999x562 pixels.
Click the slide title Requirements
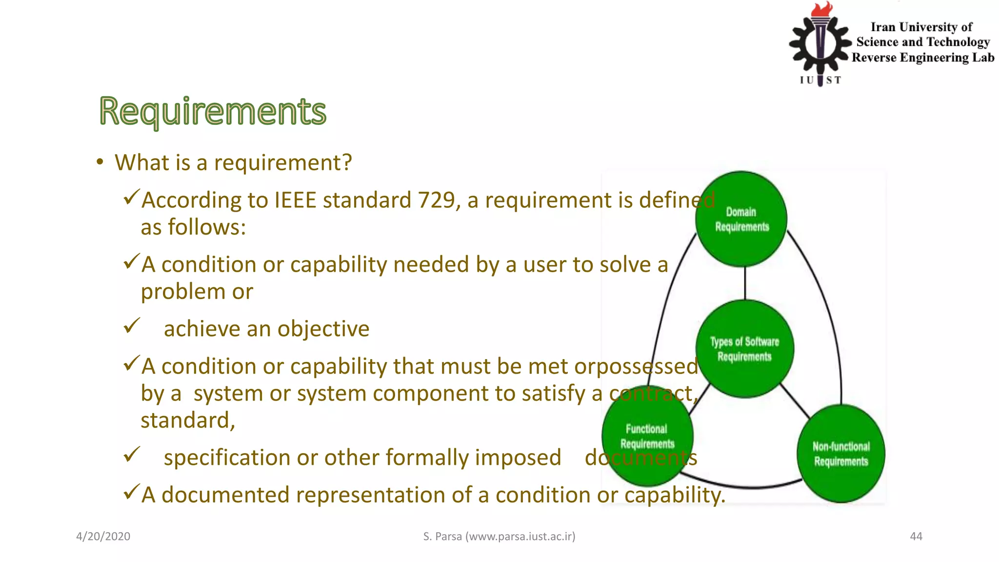pyautogui.click(x=213, y=111)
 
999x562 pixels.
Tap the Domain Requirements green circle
pyautogui.click(x=741, y=219)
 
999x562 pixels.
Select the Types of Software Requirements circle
pyautogui.click(x=744, y=349)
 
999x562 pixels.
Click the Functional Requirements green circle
pyautogui.click(x=647, y=436)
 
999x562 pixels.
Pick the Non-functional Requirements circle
pyautogui.click(x=841, y=454)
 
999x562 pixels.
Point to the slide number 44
pyautogui.click(x=916, y=537)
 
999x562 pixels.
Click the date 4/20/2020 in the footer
pyautogui.click(x=103, y=537)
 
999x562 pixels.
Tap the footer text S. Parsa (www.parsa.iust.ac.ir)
pyautogui.click(x=499, y=537)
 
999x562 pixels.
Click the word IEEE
pyautogui.click(x=295, y=201)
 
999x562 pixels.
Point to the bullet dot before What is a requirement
pyautogui.click(x=100, y=162)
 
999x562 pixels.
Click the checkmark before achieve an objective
pyautogui.click(x=132, y=325)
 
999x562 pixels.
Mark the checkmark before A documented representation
pyautogui.click(x=132, y=492)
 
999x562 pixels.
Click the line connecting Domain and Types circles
pyautogui.click(x=745, y=283)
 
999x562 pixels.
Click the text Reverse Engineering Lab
pyautogui.click(x=922, y=58)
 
